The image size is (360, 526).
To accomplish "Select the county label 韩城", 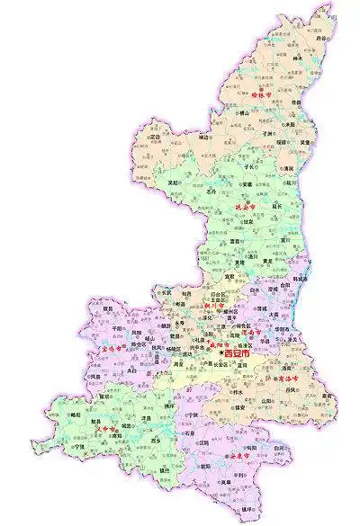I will pos(299,279).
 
